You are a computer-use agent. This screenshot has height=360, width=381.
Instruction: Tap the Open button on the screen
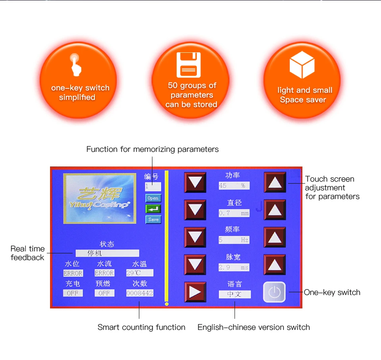(153, 198)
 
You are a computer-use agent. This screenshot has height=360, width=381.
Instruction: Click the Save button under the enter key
(153, 219)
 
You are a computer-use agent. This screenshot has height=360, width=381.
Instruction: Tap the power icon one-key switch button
(274, 293)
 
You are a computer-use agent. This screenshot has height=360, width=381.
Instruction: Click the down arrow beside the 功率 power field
(195, 183)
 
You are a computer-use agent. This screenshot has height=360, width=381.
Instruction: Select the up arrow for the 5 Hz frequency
(275, 237)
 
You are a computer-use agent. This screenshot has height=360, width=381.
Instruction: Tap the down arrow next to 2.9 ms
(195, 265)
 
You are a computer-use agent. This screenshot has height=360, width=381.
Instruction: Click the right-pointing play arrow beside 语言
(195, 292)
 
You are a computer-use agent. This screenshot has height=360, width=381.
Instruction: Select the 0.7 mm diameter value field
(234, 213)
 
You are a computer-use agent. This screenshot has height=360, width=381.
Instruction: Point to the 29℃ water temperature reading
(140, 273)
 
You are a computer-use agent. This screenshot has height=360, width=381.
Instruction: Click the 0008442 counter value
(140, 293)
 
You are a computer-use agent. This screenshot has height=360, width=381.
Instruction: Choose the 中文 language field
(235, 294)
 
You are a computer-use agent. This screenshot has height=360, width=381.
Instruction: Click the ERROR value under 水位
(73, 273)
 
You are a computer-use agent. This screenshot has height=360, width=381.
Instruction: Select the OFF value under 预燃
(104, 293)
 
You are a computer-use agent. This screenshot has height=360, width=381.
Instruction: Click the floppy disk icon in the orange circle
(189, 65)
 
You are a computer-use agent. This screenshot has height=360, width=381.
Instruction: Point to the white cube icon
(302, 65)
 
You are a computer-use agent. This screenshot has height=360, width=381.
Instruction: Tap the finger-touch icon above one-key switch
(76, 65)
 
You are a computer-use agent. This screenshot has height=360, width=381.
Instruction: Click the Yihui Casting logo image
(97, 198)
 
